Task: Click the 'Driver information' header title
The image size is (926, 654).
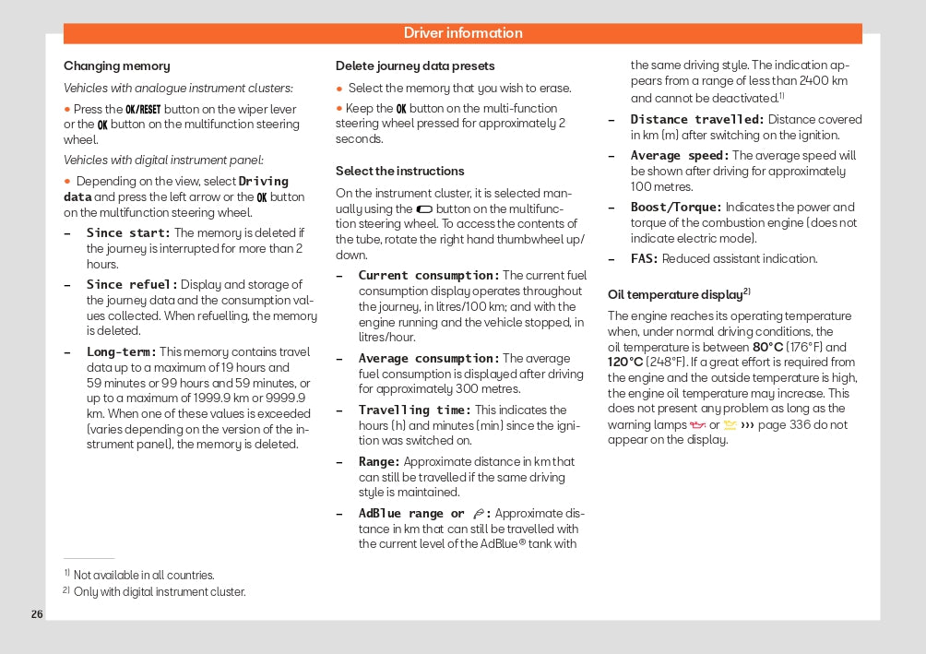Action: [x=463, y=33]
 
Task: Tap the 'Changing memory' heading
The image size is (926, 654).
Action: [x=116, y=66]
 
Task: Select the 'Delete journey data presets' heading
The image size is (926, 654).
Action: [x=415, y=66]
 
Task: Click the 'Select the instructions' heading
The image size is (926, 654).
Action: [x=399, y=172]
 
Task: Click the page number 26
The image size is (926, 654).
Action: [x=37, y=614]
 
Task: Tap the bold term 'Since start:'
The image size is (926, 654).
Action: [x=128, y=233]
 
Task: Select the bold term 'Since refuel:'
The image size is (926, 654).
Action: [x=132, y=285]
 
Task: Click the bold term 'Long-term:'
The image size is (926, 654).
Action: [x=121, y=351]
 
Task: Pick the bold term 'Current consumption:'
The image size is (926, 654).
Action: [x=429, y=276]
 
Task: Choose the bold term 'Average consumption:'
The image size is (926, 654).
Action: [x=429, y=359]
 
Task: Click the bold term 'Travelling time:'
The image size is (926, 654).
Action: [x=415, y=410]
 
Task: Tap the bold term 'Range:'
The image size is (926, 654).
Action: [x=379, y=462]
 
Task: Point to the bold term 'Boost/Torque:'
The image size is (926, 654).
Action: [x=676, y=208]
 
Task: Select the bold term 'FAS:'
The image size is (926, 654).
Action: [x=645, y=259]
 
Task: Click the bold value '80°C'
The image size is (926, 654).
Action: [x=768, y=348]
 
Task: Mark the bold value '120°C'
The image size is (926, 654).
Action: [x=624, y=362]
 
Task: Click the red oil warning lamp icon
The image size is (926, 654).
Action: [x=697, y=425]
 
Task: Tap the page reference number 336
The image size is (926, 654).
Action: [x=800, y=425]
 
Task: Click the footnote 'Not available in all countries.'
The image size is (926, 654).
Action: [x=144, y=576]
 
